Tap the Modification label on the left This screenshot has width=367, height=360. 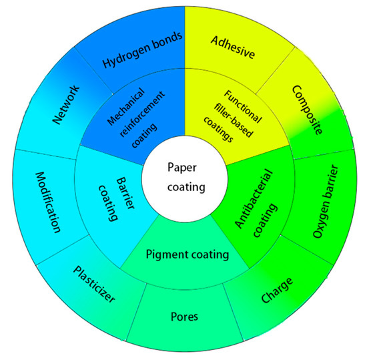[x=47, y=200]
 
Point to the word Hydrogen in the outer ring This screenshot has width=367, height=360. [x=125, y=59]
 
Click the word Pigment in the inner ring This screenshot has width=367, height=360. [x=163, y=254]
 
